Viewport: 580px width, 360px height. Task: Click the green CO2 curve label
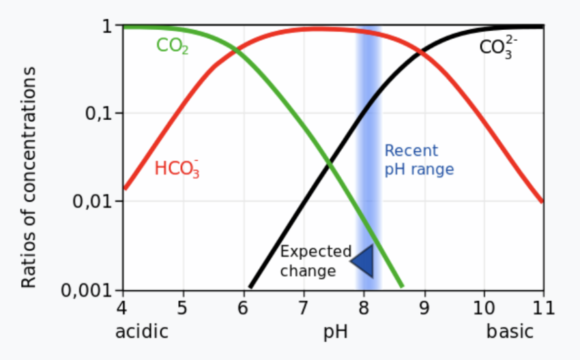(x=172, y=46)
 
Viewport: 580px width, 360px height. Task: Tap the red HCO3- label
(x=177, y=168)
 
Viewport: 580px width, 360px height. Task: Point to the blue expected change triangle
(x=364, y=260)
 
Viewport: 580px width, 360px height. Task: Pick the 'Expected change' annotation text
(x=315, y=261)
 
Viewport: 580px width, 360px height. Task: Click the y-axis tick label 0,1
(x=98, y=113)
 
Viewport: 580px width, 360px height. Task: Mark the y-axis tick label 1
(x=107, y=27)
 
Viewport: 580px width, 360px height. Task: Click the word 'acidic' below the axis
(x=141, y=332)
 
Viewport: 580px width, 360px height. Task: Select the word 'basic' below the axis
(x=510, y=332)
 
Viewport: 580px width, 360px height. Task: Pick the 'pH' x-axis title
(x=335, y=333)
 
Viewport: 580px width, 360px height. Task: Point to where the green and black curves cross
(x=330, y=165)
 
